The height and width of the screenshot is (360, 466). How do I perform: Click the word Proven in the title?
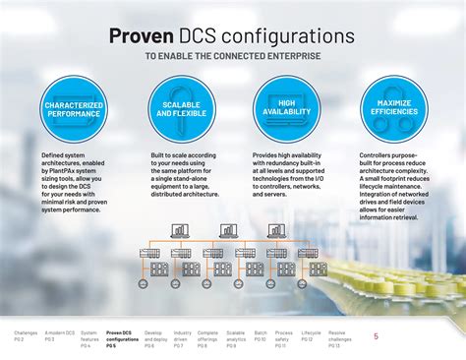pos(142,35)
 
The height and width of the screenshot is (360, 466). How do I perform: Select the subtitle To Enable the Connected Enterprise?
pos(233,56)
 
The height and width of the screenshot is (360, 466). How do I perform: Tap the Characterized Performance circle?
pos(74,109)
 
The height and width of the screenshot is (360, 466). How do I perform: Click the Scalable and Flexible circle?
pos(181,109)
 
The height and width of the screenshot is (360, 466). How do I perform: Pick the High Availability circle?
pos(286,109)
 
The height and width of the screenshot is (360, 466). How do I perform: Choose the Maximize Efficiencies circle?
pos(391,109)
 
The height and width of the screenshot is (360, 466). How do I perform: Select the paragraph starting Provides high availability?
pos(287,175)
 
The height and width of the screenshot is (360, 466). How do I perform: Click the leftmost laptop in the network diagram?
pos(179,231)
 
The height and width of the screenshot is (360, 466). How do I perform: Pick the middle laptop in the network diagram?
pos(229,231)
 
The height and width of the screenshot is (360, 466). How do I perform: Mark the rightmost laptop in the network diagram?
pos(278,231)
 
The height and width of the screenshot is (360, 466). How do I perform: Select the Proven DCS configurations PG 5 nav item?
pos(122,339)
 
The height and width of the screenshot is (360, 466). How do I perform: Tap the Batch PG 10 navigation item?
pos(261,336)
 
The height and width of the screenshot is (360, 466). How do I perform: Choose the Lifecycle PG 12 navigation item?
pos(311,336)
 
